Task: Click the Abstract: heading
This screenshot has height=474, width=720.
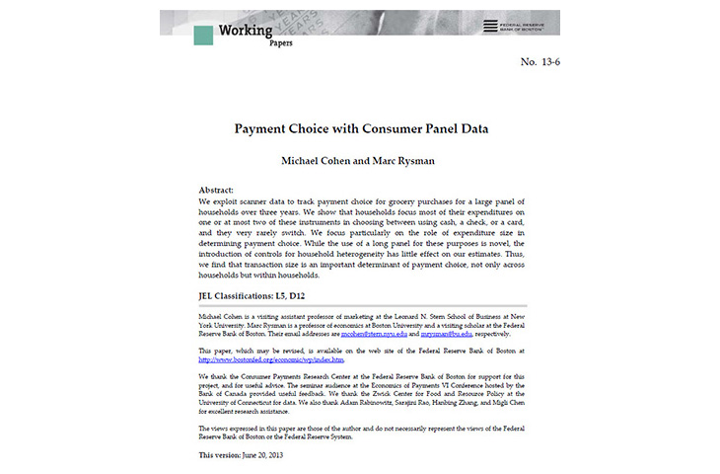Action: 216,190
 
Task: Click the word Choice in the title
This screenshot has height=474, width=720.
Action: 315,128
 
